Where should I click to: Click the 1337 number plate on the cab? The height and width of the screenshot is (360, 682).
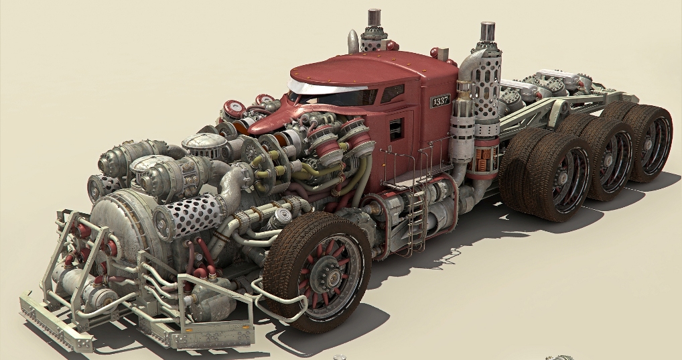(x=440, y=101)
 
